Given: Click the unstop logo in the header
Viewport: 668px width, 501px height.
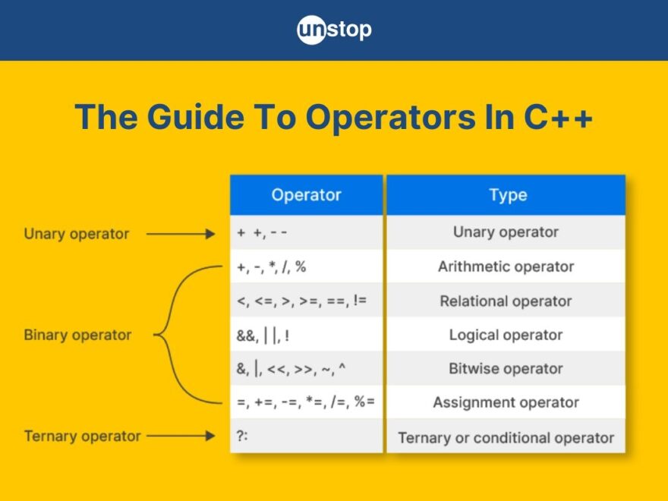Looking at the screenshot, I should click(x=334, y=30).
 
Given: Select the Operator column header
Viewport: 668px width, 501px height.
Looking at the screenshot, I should click(x=306, y=195).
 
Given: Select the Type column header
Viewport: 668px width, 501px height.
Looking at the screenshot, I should click(x=507, y=195).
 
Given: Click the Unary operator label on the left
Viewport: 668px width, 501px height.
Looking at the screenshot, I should click(x=77, y=234).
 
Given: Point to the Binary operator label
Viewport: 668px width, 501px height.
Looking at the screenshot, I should click(x=77, y=335).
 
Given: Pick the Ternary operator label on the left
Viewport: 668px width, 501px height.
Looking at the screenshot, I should click(x=82, y=436).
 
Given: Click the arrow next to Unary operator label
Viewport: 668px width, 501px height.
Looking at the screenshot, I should click(x=181, y=234).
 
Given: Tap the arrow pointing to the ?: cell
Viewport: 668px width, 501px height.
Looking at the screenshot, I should click(x=181, y=436).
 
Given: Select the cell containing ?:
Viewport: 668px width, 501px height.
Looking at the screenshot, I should click(x=306, y=436).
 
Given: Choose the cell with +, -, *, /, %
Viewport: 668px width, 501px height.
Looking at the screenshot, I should click(x=306, y=267).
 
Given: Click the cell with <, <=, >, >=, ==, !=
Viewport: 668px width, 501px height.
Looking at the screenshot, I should click(x=306, y=301).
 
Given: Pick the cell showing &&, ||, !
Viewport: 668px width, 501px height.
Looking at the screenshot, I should click(x=306, y=335).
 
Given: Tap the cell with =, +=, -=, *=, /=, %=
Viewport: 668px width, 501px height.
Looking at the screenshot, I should click(x=306, y=402).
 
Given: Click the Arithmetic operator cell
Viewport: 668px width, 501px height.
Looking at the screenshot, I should click(x=506, y=267).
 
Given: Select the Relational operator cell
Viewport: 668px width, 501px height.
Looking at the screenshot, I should click(x=506, y=301).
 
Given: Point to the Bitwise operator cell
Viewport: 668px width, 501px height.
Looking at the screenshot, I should click(x=506, y=369).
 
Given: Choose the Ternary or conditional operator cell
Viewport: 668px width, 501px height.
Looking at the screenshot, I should click(x=506, y=437).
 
